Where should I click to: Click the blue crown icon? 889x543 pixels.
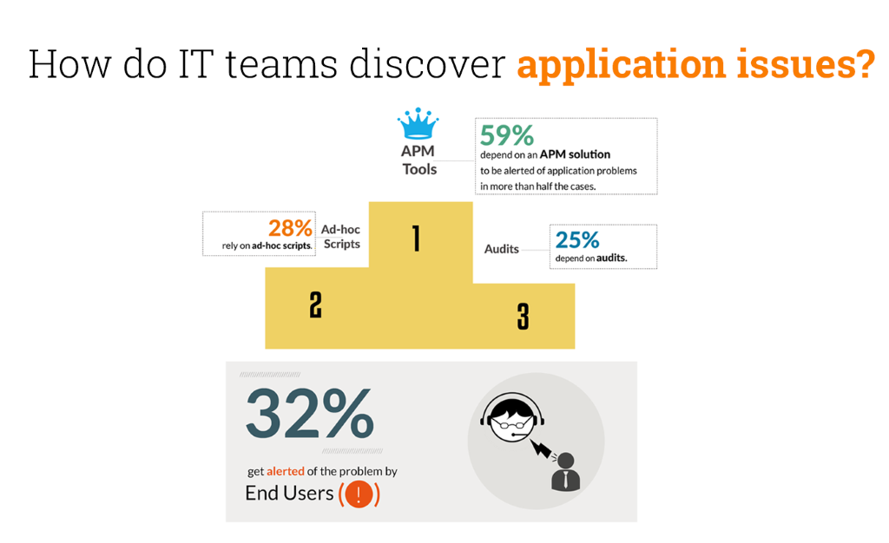[418, 123]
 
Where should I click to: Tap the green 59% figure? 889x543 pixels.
[506, 135]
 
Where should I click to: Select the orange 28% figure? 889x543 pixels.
[290, 228]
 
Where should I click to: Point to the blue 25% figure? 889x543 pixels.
[576, 240]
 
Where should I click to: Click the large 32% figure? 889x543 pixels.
[310, 413]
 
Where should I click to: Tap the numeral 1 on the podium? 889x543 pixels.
[417, 239]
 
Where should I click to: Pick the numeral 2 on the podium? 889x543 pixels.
[316, 304]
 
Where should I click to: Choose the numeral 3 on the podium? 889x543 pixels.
[523, 316]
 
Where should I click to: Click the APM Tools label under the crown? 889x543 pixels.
[419, 160]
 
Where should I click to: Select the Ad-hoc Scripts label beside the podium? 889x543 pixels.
[341, 237]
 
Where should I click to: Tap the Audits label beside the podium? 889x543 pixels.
[501, 249]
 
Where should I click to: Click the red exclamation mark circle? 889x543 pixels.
[359, 494]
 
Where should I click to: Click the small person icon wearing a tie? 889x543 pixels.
[565, 472]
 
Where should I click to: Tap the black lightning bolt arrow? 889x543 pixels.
[541, 448]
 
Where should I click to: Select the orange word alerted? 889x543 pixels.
[285, 471]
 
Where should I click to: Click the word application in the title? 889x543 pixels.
[622, 64]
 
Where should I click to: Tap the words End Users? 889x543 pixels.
[289, 494]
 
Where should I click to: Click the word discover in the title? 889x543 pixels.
[427, 63]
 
